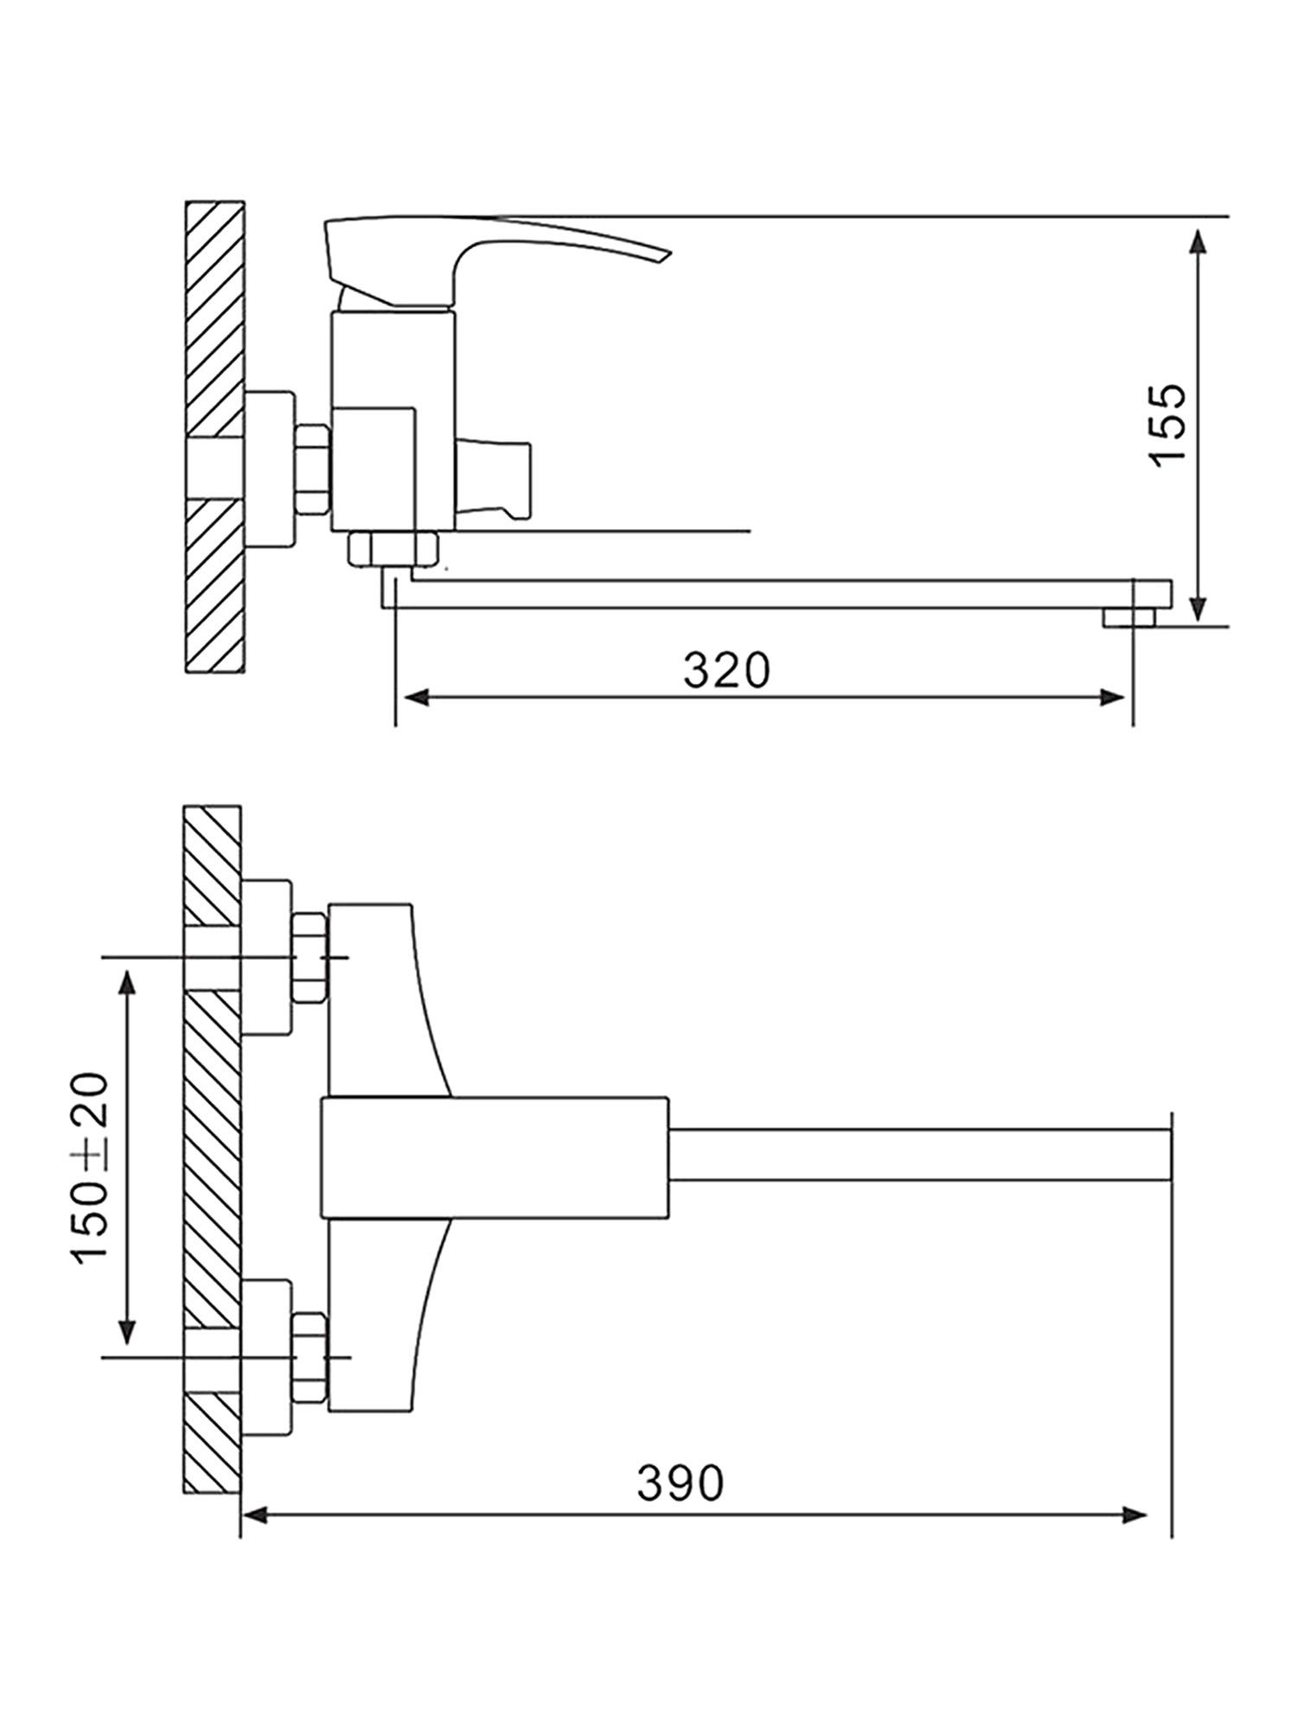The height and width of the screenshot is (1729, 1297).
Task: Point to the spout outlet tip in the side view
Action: tap(1130, 616)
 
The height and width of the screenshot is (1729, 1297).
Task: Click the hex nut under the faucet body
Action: tap(393, 550)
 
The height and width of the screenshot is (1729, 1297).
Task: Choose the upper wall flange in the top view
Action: tap(266, 957)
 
